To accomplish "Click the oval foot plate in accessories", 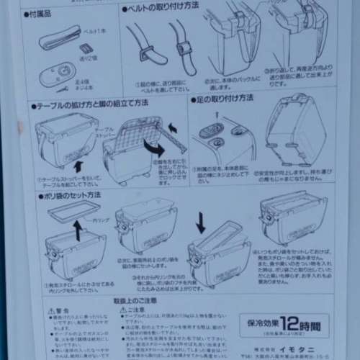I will (x=57, y=73).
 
